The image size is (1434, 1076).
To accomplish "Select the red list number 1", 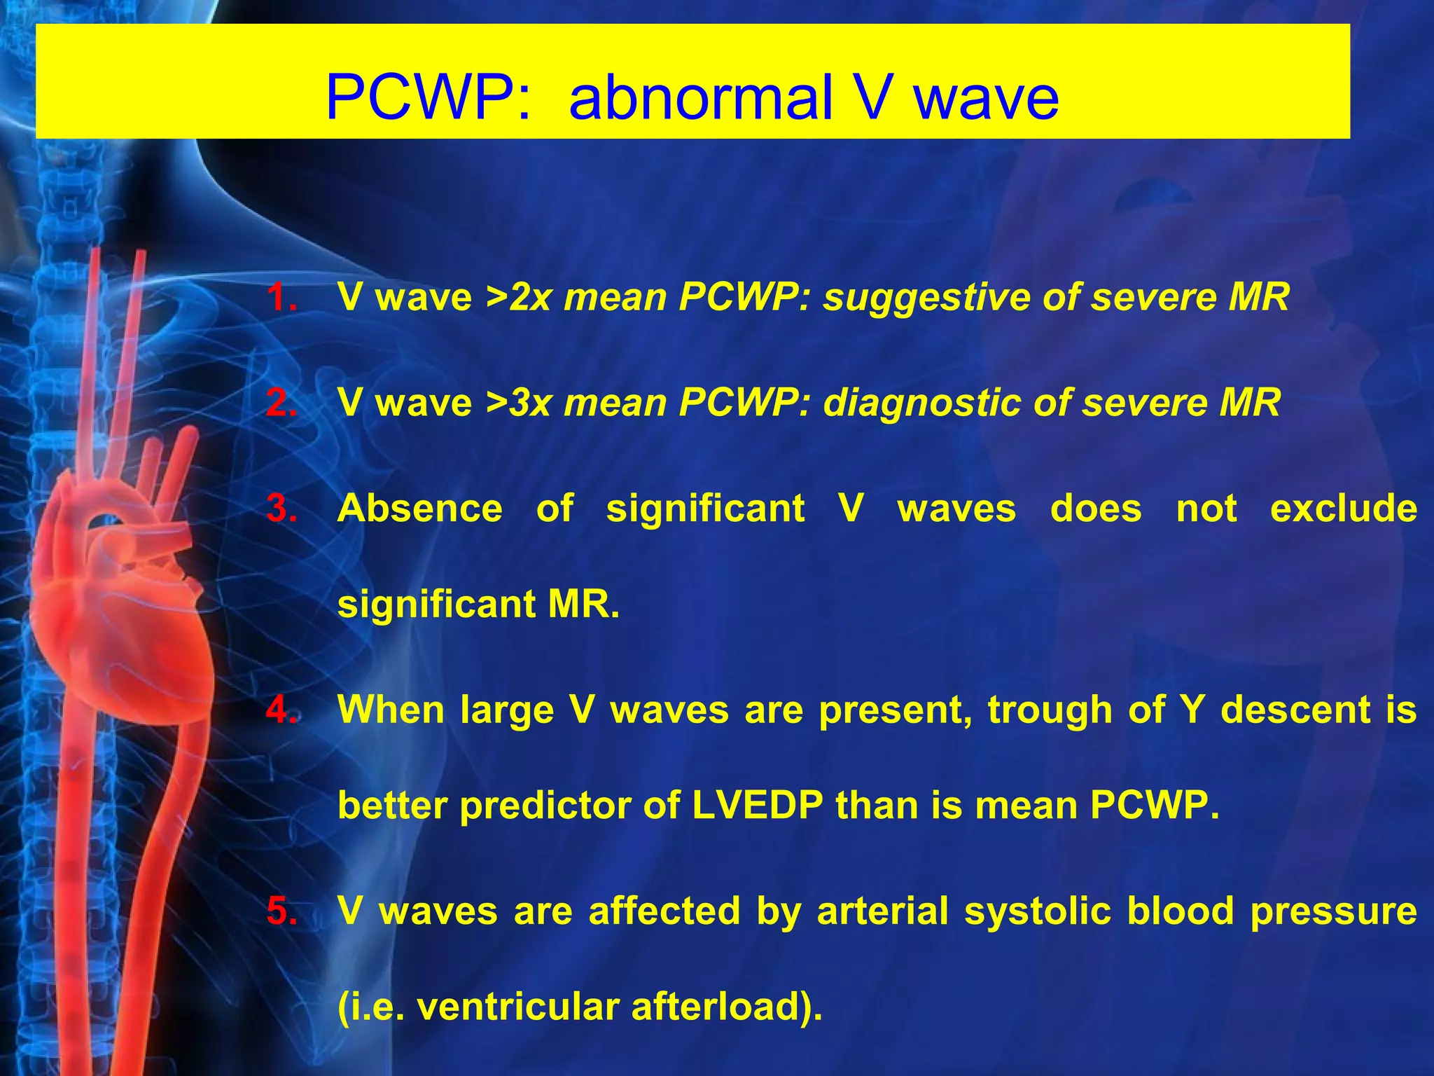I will point(281,297).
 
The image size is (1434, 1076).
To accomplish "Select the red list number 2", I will point(281,403).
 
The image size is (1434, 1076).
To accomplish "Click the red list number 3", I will point(281,509).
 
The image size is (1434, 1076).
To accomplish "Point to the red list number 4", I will point(281,710).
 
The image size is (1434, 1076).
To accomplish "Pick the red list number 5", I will point(281,911).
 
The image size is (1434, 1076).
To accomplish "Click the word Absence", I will point(420,509).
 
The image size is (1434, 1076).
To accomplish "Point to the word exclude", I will point(1343,509).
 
